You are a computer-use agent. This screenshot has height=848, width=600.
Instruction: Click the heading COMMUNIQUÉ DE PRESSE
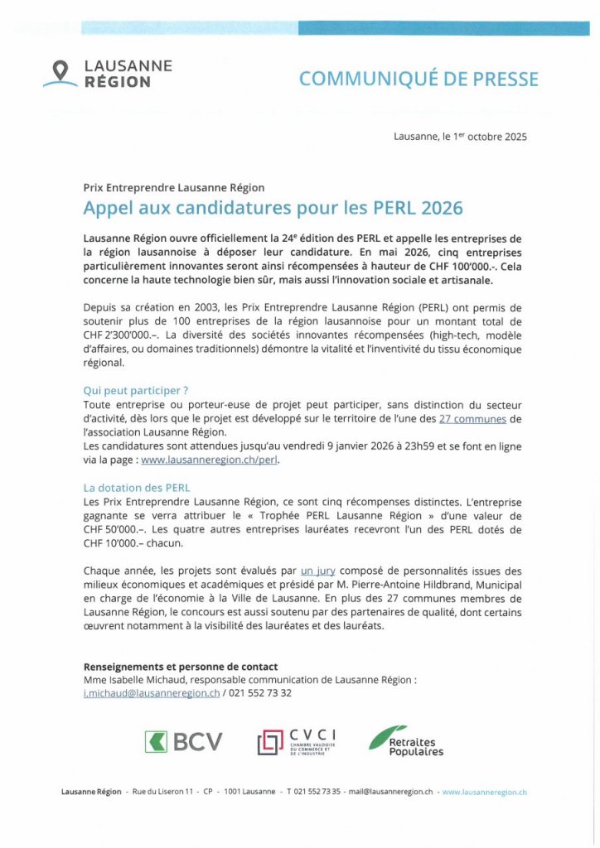419,79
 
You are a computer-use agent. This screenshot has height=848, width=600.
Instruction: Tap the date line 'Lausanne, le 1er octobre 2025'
460,137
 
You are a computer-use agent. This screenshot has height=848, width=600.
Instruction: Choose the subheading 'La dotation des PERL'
137,488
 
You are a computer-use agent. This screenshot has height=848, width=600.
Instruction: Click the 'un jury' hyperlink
317,571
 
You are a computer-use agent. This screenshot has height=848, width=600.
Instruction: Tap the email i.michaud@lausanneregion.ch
152,693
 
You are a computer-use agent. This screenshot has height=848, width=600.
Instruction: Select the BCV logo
183,741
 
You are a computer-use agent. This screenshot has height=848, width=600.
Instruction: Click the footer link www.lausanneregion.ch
485,792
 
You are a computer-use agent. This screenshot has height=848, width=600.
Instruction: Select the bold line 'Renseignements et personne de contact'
181,667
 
